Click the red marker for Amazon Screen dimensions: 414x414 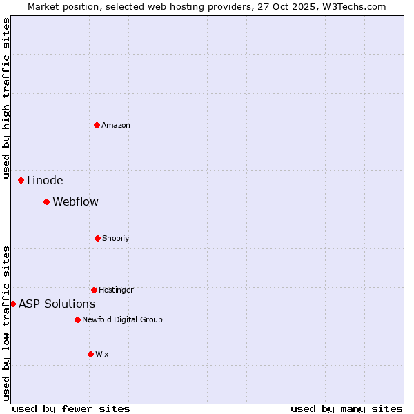coord(97,125)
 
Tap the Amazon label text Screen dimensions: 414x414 coord(116,125)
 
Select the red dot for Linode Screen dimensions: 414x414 coord(21,180)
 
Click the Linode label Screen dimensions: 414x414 coord(45,181)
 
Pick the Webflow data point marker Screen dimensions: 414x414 coord(46,201)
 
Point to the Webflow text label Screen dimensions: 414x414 coord(75,202)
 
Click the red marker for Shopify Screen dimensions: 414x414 coord(97,238)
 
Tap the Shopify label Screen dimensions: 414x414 coord(116,238)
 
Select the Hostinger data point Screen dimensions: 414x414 coord(94,290)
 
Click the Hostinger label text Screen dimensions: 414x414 coord(116,290)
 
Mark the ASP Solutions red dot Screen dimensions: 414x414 coord(12,304)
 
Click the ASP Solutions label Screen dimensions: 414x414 coord(57,304)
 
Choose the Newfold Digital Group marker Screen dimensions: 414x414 coord(77,319)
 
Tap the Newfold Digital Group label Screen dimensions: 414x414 coord(122,319)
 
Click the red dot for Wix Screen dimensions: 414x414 coord(90,354)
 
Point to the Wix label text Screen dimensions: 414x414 coord(102,354)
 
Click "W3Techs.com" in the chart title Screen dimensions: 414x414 coord(357,6)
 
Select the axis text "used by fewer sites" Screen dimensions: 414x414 coord(71,408)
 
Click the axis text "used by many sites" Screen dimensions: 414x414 coord(346,408)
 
